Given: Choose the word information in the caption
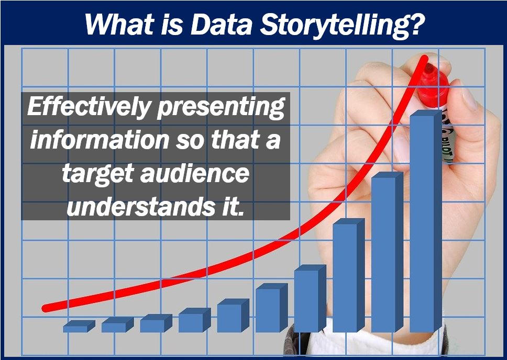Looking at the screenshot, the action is (100, 139).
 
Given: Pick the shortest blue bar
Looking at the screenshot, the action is (79, 327).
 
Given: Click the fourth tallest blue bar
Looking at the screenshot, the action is (310, 299).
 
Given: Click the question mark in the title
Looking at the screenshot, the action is (414, 24).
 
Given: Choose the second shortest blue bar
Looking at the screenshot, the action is (117, 325).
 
